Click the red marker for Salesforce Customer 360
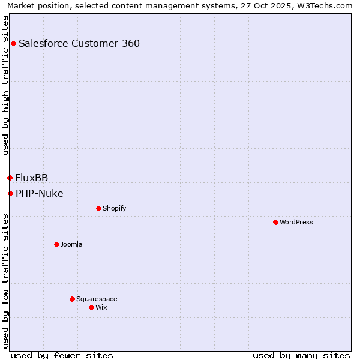[x=13, y=43]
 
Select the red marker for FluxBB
[x=10, y=178]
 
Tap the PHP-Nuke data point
[x=10, y=193]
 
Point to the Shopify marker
[x=98, y=208]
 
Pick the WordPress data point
[x=275, y=222]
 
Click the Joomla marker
[x=56, y=244]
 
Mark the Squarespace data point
[x=72, y=299]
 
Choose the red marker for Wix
[x=91, y=307]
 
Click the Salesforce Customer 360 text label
[x=79, y=43]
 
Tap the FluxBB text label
[x=32, y=178]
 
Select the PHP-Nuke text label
[x=40, y=193]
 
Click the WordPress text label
[x=296, y=222]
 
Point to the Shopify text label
[x=114, y=208]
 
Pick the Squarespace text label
[x=97, y=299]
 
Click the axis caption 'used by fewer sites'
[x=62, y=355]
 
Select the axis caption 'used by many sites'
[x=301, y=355]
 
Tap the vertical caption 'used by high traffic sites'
[x=5, y=85]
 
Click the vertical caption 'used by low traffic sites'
[x=5, y=280]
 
